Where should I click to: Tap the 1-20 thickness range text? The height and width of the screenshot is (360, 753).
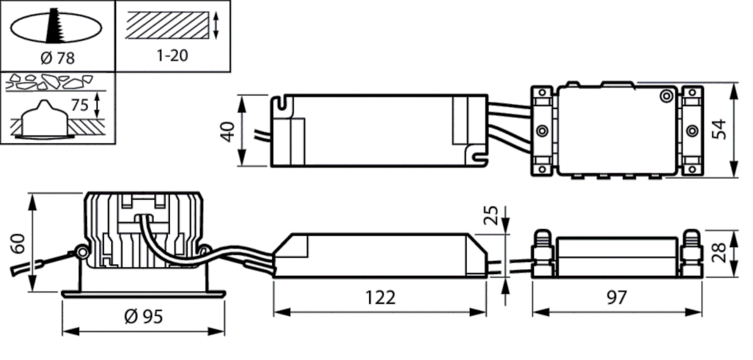(x=171, y=55)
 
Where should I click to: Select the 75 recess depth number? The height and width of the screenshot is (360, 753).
(x=79, y=105)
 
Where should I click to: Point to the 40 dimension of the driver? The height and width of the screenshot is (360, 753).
(x=228, y=130)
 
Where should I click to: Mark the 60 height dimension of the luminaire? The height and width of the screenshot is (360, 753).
(x=19, y=243)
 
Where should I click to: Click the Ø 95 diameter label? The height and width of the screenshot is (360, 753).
(x=143, y=317)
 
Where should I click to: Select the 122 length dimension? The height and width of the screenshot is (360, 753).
(x=380, y=297)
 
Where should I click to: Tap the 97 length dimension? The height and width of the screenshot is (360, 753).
(x=617, y=297)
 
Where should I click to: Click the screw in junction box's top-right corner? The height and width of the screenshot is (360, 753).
(x=665, y=95)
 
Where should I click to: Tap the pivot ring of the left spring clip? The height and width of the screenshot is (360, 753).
(x=80, y=252)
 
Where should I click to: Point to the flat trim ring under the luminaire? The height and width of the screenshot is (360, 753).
(x=143, y=293)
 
